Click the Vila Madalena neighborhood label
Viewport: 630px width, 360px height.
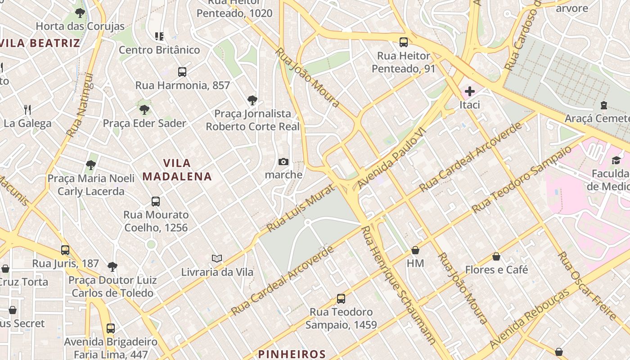pos(177,170)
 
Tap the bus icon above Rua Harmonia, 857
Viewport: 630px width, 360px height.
pos(182,72)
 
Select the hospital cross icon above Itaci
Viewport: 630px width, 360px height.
pos(469,92)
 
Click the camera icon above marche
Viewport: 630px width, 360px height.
pos(283,162)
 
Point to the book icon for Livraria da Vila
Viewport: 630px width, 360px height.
pos(217,259)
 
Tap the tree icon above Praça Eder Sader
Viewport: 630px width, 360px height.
pos(144,110)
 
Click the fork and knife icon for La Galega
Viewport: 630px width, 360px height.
pos(27,110)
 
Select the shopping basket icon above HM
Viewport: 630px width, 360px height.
pos(415,250)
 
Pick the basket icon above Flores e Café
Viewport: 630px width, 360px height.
pos(496,257)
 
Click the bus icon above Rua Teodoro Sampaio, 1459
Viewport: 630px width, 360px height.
pos(341,299)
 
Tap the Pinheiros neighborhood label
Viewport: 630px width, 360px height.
pos(292,354)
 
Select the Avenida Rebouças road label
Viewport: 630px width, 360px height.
pos(529,319)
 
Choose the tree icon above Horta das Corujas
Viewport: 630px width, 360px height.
pos(80,13)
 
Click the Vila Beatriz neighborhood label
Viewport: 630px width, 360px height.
pos(40,43)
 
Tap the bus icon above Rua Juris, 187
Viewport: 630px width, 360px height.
pos(65,250)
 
